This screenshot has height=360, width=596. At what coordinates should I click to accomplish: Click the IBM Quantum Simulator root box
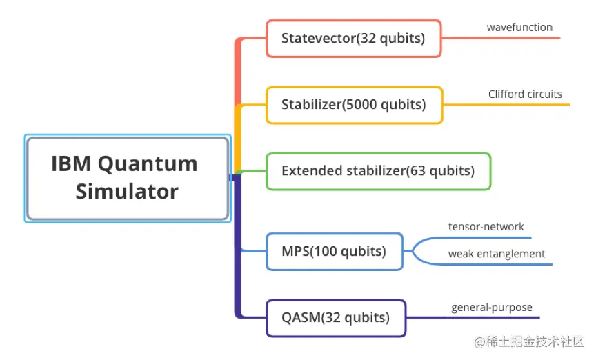point(127,178)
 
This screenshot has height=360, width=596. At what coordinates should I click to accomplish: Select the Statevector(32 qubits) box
point(353,39)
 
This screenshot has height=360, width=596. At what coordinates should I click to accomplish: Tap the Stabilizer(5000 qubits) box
point(354,105)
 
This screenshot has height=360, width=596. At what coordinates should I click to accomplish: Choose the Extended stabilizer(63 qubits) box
point(378,171)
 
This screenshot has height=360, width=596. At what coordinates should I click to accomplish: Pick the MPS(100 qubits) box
point(334,252)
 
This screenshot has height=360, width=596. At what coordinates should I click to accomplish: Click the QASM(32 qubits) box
point(335,318)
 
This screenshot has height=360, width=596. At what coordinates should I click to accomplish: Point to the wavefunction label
point(519,28)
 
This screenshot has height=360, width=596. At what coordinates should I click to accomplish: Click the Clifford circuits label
point(525,94)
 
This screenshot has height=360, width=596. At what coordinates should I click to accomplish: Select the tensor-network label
point(486,227)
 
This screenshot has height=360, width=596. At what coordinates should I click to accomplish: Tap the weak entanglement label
point(497,254)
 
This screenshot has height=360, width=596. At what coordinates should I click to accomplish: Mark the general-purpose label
point(492,308)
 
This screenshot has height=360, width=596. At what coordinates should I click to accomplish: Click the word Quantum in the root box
point(148,164)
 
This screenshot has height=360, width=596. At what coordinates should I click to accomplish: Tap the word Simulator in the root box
point(127,192)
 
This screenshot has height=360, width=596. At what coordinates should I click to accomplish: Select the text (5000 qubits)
point(384,105)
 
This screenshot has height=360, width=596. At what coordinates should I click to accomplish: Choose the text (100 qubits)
point(347,252)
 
